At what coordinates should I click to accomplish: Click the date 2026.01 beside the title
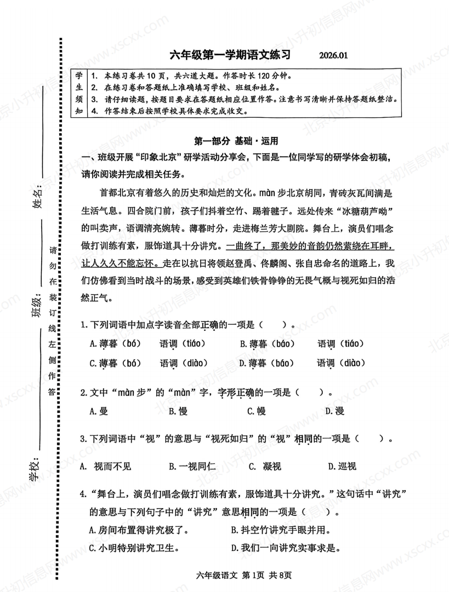(x=332, y=55)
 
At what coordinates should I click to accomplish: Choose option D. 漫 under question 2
(x=334, y=411)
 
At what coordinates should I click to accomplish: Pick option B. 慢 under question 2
(x=178, y=411)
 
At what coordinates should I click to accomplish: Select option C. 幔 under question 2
(x=256, y=411)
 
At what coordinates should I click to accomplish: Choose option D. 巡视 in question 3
(x=342, y=466)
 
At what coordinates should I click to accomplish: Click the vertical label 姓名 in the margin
(x=37, y=198)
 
